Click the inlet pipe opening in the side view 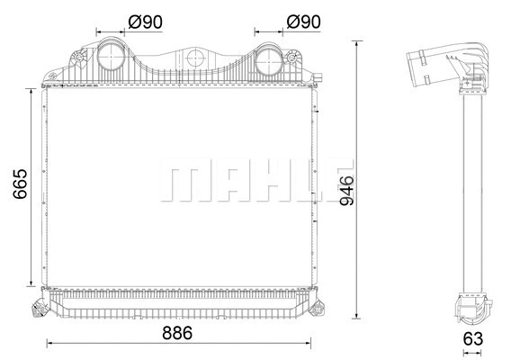(416, 68)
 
